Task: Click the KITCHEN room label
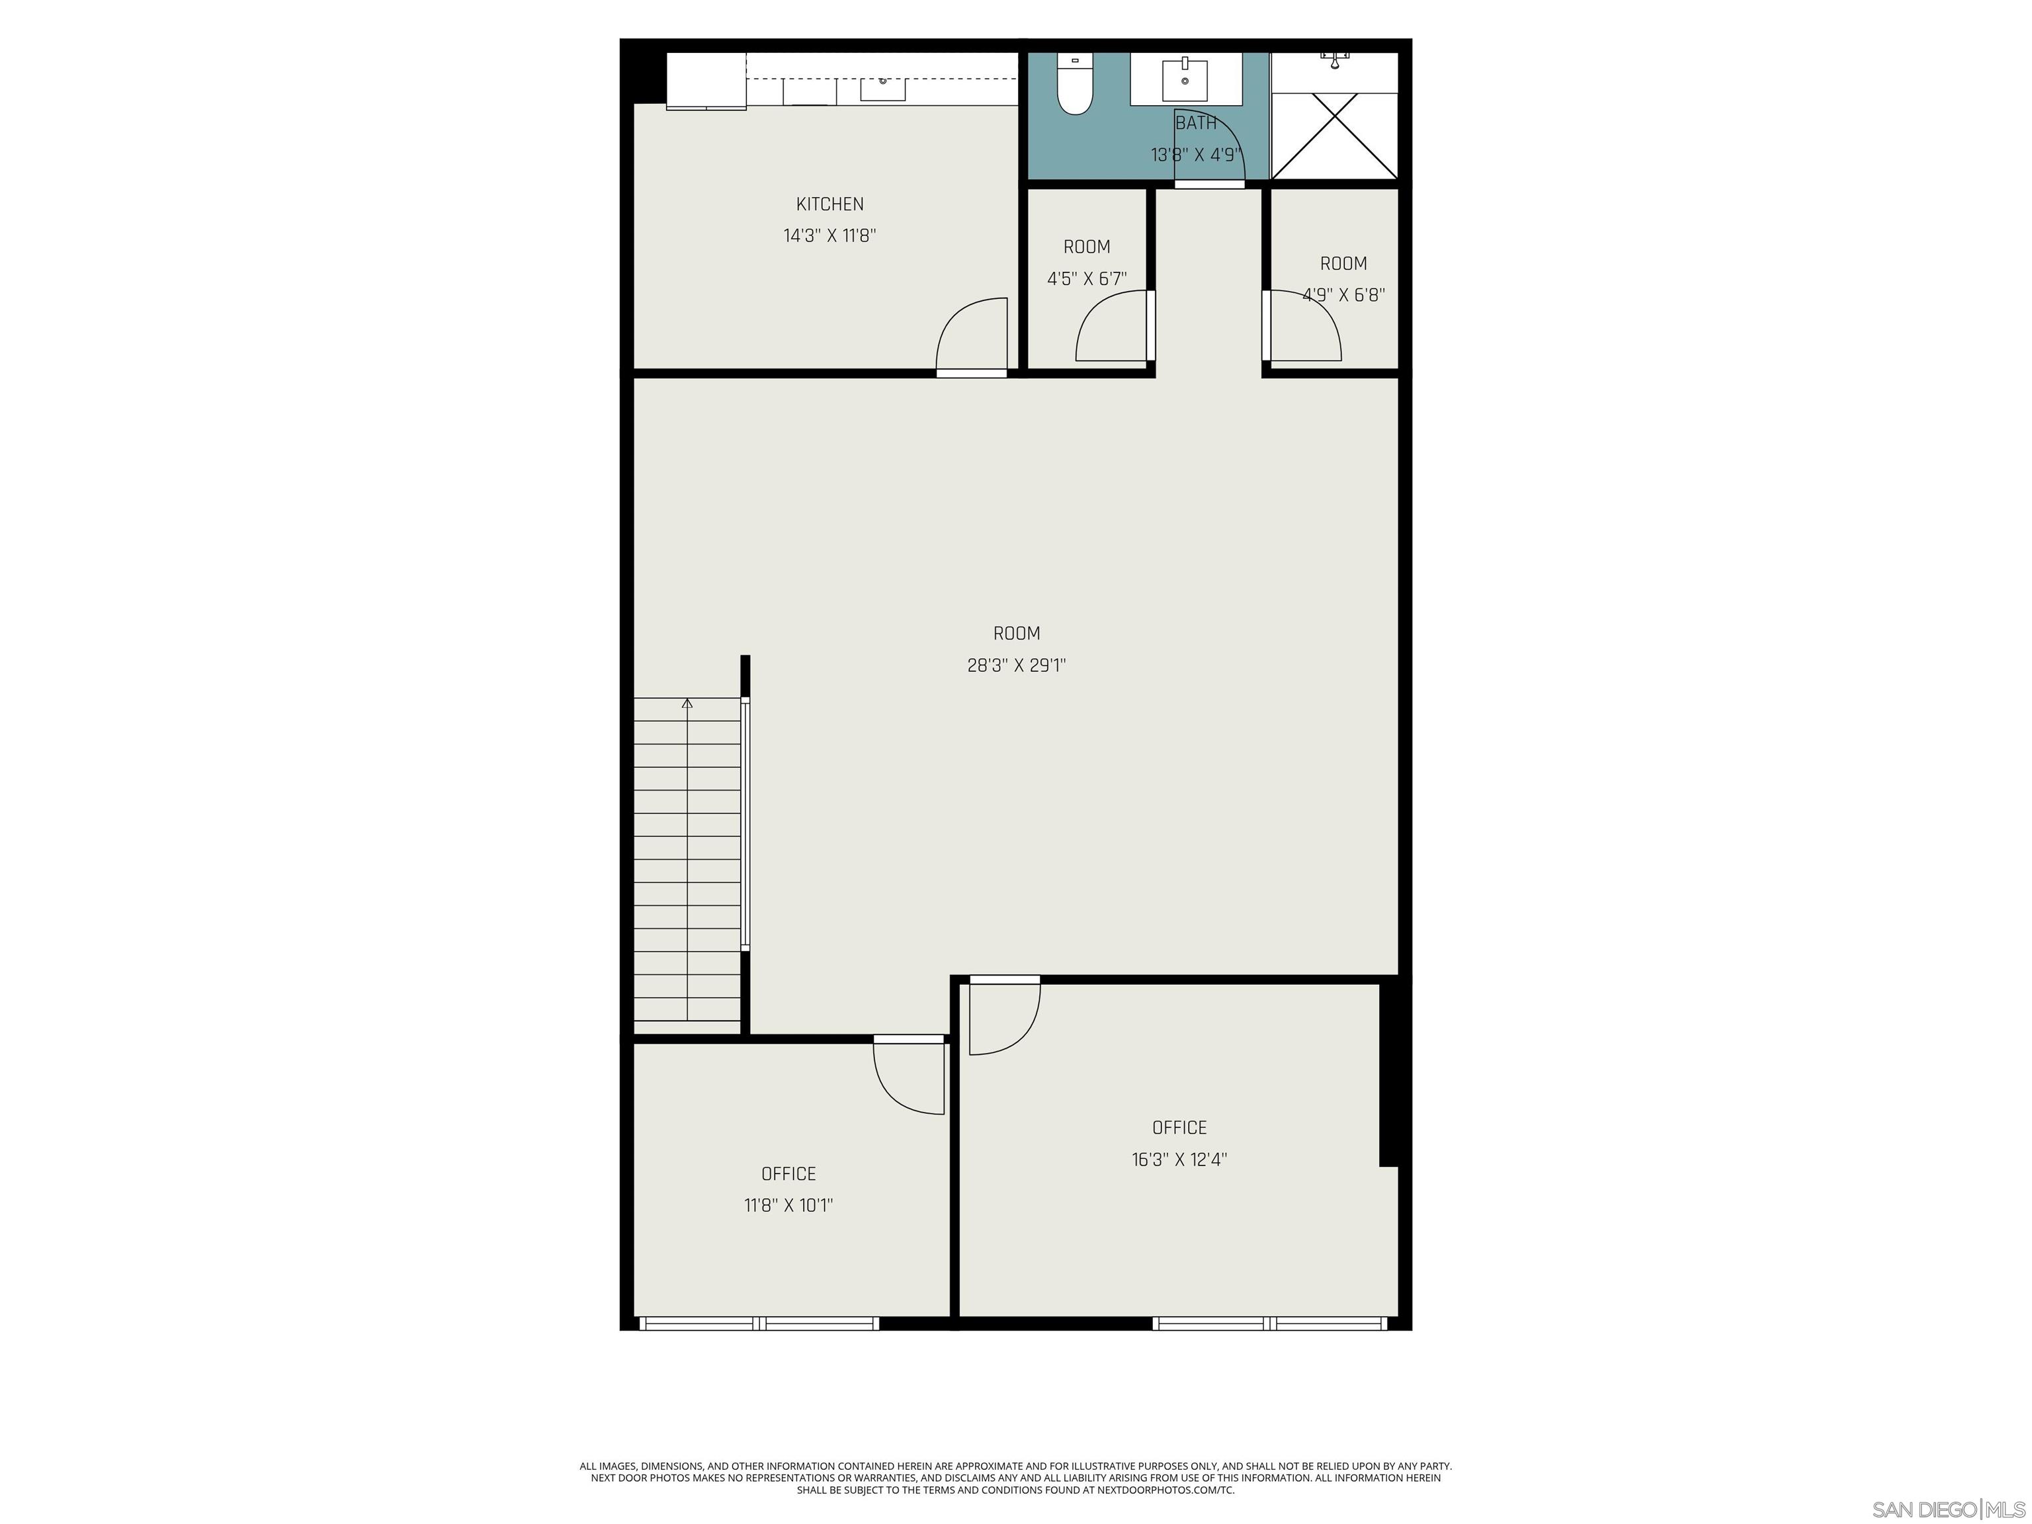[x=829, y=204]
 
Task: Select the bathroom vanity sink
[x=1185, y=80]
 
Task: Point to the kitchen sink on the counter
[x=883, y=88]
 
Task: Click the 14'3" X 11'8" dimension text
[x=829, y=236]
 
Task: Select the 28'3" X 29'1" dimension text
[x=1016, y=665]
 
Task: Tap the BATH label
[x=1196, y=123]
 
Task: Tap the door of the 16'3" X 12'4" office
[x=1004, y=1017]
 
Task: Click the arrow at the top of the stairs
[x=687, y=704]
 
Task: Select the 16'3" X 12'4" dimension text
[x=1179, y=1160]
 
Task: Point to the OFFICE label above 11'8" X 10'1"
[x=788, y=1174]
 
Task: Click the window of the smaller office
[x=759, y=1323]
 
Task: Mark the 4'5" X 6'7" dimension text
[x=1087, y=279]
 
